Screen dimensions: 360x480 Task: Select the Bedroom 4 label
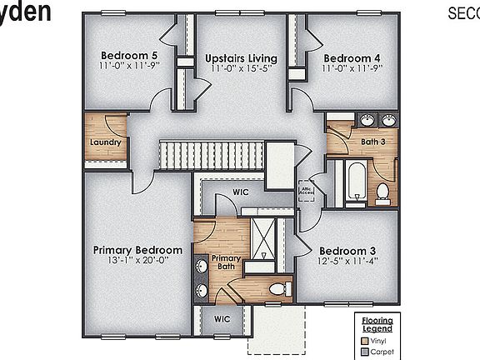pos(352,57)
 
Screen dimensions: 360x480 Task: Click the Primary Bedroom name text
pos(137,250)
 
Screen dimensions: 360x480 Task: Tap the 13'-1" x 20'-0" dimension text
pos(137,260)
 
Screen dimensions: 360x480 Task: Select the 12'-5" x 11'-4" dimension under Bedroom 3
pos(347,260)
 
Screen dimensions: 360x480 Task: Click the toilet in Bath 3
pos(382,192)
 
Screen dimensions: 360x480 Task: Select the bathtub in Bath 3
pos(356,182)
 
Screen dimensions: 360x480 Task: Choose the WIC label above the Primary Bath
pos(241,192)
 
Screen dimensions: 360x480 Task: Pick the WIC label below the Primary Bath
pos(221,317)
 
